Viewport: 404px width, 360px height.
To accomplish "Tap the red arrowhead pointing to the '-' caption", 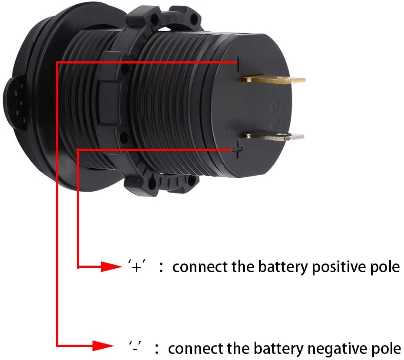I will [104, 347].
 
